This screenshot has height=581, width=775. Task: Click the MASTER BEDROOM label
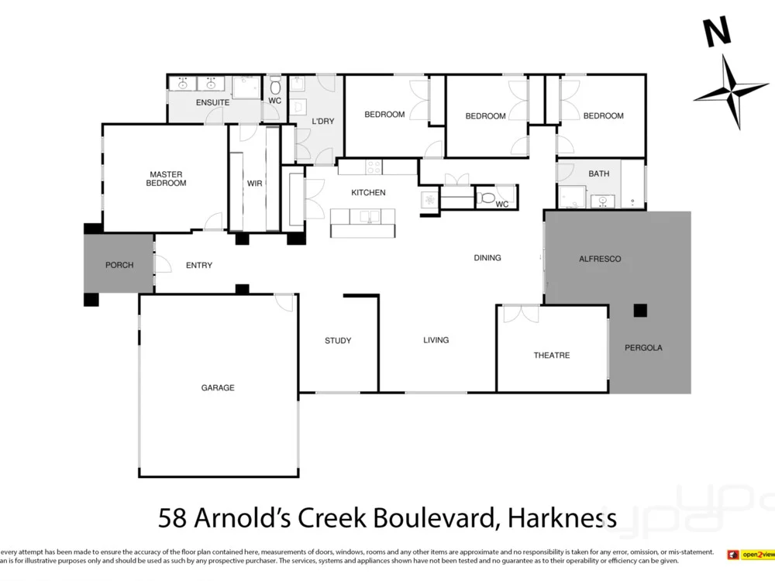167,179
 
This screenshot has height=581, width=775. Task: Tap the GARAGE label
218,388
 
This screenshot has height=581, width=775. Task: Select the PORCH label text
119,265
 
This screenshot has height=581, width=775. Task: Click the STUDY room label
338,341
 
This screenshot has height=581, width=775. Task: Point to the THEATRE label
552,356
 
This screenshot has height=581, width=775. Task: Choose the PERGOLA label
643,348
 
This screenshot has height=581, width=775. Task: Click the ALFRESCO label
601,259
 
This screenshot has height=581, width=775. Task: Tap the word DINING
487,258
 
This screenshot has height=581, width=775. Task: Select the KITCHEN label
368,193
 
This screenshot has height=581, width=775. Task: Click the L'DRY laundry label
322,122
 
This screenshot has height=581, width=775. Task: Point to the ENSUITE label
212,103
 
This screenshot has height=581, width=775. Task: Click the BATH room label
598,174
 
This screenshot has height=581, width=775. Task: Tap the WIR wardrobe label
255,184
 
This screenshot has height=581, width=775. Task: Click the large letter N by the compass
718,33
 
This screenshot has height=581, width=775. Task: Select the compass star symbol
730,91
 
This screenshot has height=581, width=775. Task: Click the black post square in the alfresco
639,311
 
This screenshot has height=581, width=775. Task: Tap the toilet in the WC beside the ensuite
275,86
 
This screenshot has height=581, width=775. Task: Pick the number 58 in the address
173,517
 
